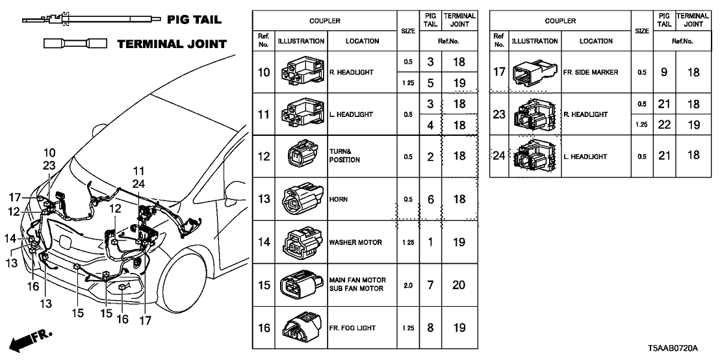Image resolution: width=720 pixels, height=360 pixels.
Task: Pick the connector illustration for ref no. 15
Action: [x=301, y=285]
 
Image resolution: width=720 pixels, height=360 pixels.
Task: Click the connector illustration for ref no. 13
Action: [x=301, y=199]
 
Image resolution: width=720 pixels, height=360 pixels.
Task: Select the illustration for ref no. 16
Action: [x=301, y=328]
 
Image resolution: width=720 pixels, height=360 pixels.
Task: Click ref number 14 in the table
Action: [x=264, y=242]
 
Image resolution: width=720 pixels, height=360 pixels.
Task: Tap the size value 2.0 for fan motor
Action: [x=407, y=285]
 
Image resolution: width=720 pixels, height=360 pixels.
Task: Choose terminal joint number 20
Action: [x=458, y=285]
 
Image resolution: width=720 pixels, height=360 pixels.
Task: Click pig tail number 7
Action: [x=430, y=285]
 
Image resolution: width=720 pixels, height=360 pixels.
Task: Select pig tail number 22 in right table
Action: [x=663, y=125]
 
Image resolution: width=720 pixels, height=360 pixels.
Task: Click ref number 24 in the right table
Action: [x=499, y=157]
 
